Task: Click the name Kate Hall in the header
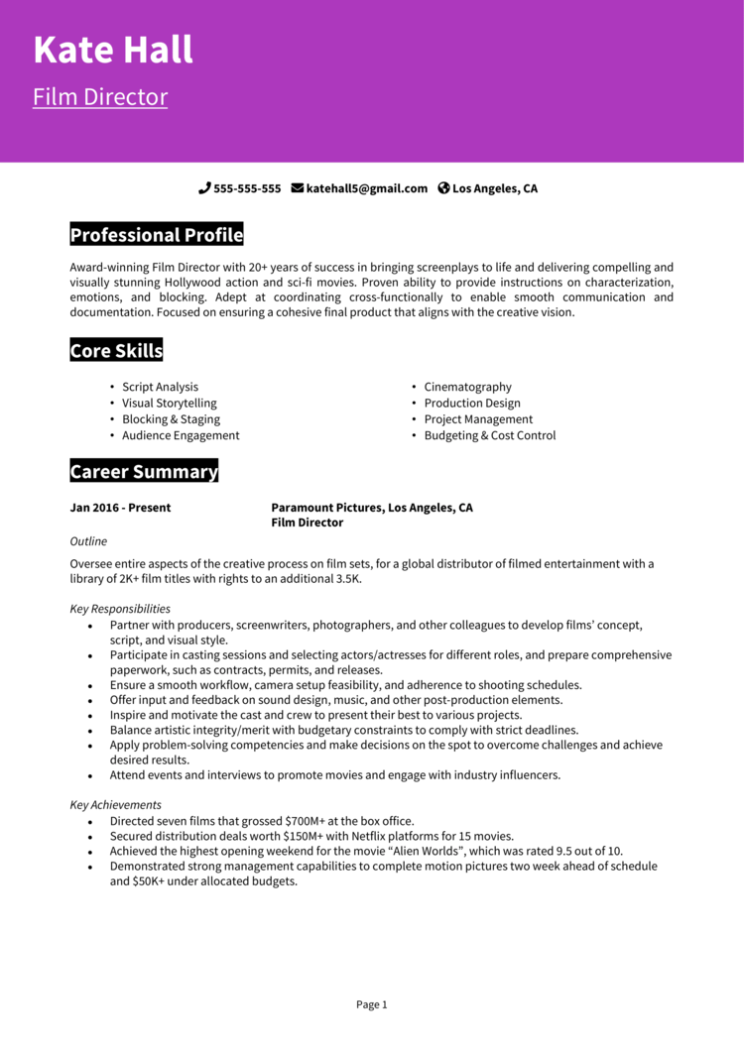pyautogui.click(x=113, y=50)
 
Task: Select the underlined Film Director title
pyautogui.click(x=100, y=97)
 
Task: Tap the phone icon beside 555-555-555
pyautogui.click(x=204, y=188)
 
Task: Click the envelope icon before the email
pyautogui.click(x=297, y=188)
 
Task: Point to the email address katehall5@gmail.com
pyautogui.click(x=367, y=188)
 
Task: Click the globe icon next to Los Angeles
pyautogui.click(x=443, y=188)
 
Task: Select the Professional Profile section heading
pyautogui.click(x=157, y=235)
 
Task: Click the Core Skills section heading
pyautogui.click(x=116, y=351)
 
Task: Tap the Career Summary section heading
pyautogui.click(x=144, y=472)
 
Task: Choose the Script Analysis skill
pyautogui.click(x=160, y=387)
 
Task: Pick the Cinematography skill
pyautogui.click(x=467, y=387)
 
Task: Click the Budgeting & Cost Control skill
pyautogui.click(x=490, y=435)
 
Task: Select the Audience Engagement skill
pyautogui.click(x=181, y=435)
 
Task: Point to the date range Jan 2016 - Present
pyautogui.click(x=120, y=508)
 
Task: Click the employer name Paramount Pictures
pyautogui.click(x=326, y=508)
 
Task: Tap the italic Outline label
pyautogui.click(x=88, y=541)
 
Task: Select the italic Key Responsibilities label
pyautogui.click(x=120, y=609)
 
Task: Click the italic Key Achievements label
pyautogui.click(x=115, y=805)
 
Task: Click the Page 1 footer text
pyautogui.click(x=371, y=1004)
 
